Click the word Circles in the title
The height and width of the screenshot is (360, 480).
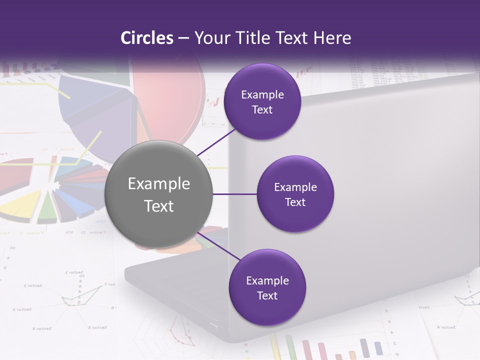(147, 38)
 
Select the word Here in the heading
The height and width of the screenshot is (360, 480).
(332, 38)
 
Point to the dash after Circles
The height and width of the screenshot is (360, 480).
(183, 38)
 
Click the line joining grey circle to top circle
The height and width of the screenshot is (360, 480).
(217, 142)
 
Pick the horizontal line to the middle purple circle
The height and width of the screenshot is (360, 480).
(235, 194)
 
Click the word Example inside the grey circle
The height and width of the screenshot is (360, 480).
(159, 184)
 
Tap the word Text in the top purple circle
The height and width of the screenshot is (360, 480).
(262, 110)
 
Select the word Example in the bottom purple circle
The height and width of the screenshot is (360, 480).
(267, 281)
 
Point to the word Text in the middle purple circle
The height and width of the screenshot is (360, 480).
(295, 202)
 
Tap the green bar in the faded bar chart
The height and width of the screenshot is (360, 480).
(290, 347)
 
